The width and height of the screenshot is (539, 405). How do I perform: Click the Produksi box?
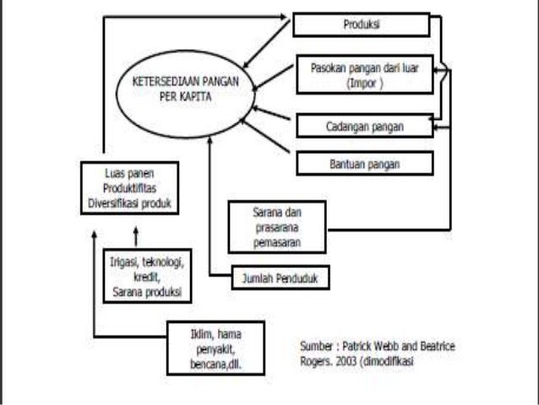click(362, 25)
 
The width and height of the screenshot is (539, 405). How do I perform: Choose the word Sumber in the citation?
click(318, 346)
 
